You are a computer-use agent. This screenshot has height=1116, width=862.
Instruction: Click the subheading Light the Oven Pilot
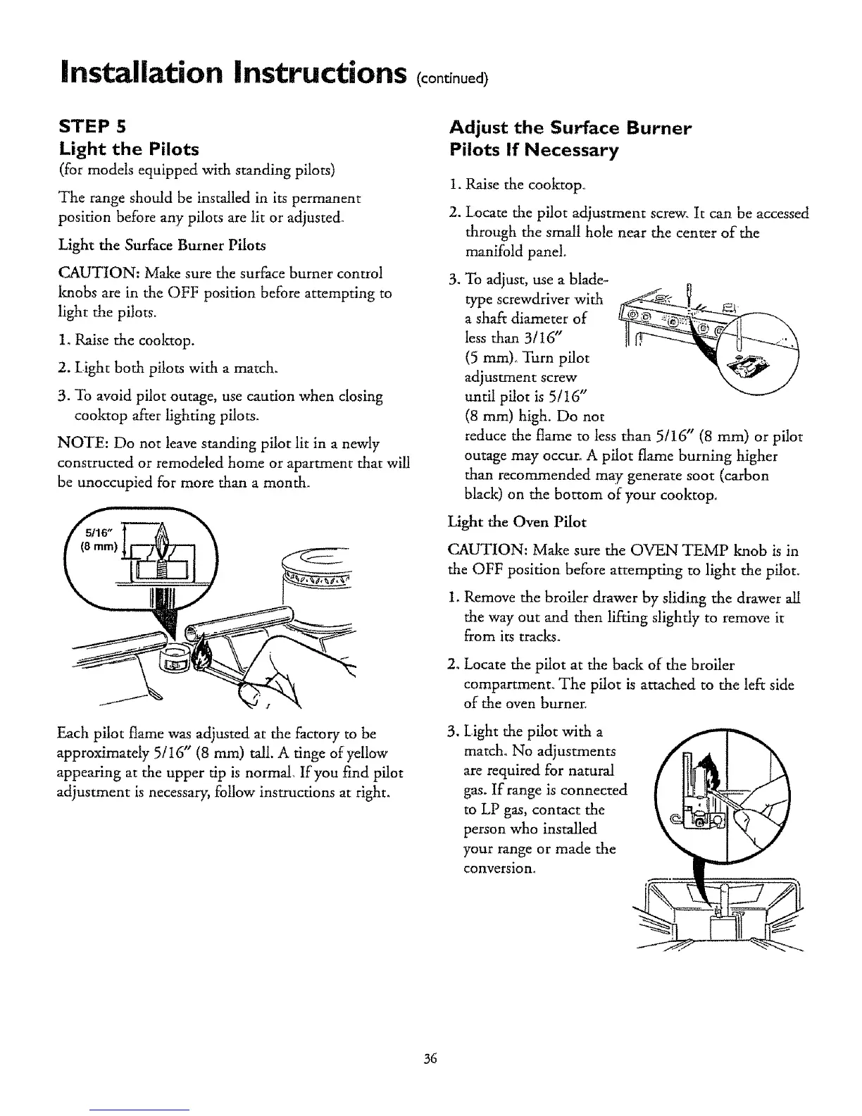click(x=517, y=522)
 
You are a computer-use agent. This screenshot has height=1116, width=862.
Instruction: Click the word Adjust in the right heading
click(x=477, y=128)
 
